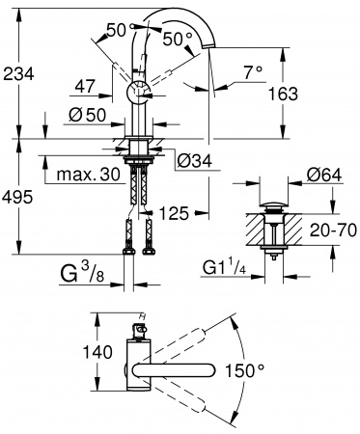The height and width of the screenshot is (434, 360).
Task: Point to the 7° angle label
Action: click(254, 72)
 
